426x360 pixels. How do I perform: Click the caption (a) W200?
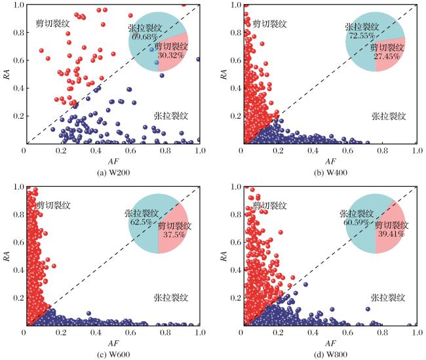pos(113,172)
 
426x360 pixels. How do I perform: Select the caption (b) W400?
pos(330,172)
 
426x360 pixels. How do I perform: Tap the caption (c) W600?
pos(113,355)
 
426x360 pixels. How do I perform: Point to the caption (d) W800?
pos(330,355)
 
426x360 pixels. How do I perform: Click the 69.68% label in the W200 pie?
pos(143,36)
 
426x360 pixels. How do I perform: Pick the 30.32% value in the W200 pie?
pos(171,55)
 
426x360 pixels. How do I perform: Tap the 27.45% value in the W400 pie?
pos(387,56)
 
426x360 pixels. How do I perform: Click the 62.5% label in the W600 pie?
pos(141,222)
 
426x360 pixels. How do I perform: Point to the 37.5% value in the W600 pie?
pos(174,234)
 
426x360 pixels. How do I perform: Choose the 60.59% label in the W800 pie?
pos(356,222)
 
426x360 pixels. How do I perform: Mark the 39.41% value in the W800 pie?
pos(391,233)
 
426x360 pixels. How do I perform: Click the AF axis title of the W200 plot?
pos(113,161)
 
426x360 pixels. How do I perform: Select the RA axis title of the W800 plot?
pos(223,256)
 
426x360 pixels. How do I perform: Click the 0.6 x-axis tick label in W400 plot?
pos(348,150)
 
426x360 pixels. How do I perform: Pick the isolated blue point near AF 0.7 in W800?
pos(368,309)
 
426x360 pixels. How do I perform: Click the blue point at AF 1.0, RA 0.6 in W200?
pos(199,59)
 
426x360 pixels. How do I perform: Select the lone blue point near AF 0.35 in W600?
pos(88,313)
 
